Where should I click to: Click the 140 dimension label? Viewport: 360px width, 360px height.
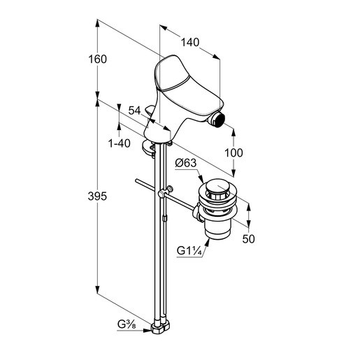tap(190, 43)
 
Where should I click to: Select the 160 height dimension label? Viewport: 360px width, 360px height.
tap(97, 59)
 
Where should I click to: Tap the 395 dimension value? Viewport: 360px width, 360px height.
tap(97, 196)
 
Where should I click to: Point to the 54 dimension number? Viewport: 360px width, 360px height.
tap(135, 110)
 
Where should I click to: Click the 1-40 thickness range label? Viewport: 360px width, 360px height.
tap(120, 143)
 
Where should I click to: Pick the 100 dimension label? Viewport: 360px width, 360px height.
tap(233, 153)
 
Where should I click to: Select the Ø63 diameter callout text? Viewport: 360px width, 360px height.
tap(186, 163)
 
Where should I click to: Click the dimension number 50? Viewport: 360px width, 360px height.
tap(248, 239)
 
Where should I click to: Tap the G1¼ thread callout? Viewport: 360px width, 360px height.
tap(189, 251)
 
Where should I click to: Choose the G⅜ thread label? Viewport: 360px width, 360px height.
tap(127, 324)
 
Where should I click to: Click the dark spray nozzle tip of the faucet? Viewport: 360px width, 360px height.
tap(219, 120)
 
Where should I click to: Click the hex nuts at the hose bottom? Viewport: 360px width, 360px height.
tap(160, 327)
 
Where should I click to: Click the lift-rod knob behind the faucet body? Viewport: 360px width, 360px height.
tap(149, 110)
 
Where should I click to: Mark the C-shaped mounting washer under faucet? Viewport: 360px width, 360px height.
tap(148, 148)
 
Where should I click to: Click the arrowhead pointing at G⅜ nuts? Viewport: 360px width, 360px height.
tap(147, 330)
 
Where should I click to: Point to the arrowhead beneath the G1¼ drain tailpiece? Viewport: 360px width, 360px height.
tap(207, 242)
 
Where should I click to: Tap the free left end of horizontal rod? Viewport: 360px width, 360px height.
tap(136, 180)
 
